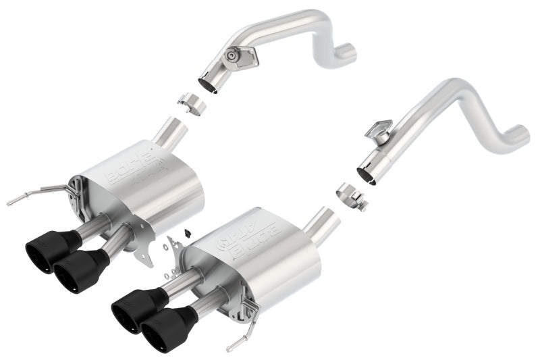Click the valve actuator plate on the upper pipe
238,55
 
